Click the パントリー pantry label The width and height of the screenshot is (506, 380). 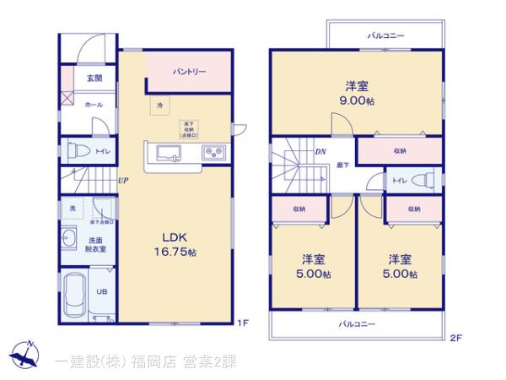pyautogui.click(x=190, y=72)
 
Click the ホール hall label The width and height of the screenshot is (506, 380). pyautogui.click(x=93, y=104)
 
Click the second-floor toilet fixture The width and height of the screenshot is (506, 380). pyautogui.click(x=426, y=181)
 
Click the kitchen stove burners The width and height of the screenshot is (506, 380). pyautogui.click(x=213, y=153)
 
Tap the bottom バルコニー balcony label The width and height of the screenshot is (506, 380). pyautogui.click(x=358, y=323)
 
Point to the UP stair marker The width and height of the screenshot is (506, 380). pyautogui.click(x=123, y=180)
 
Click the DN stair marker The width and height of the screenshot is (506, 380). pyautogui.click(x=320, y=152)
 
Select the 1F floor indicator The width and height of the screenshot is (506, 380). pyautogui.click(x=243, y=323)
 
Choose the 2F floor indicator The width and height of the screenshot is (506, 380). pyautogui.click(x=456, y=339)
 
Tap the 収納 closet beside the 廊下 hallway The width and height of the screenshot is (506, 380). pyautogui.click(x=399, y=150)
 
